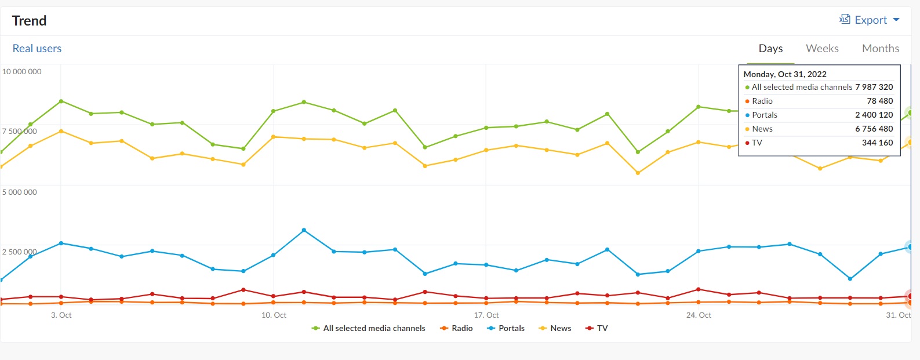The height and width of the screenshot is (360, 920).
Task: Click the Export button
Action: click(870, 20)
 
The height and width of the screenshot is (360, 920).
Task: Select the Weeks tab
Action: click(822, 49)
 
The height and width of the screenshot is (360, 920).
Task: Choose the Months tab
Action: click(880, 49)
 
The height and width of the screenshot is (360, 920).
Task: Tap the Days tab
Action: click(770, 49)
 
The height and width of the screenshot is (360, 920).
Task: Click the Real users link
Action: click(37, 49)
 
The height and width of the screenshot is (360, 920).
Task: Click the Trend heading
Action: click(29, 21)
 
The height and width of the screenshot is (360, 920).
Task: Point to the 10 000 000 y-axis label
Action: click(22, 72)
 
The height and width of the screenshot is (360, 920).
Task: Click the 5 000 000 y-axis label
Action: click(20, 192)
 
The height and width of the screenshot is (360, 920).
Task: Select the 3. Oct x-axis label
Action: click(61, 315)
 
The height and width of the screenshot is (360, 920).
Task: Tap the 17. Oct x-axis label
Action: click(486, 315)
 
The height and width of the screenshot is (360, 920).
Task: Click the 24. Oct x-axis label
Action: click(699, 315)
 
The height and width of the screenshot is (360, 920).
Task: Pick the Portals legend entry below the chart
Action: click(506, 328)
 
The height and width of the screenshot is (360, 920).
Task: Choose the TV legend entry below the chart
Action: click(597, 328)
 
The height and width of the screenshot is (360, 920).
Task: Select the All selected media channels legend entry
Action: click(369, 328)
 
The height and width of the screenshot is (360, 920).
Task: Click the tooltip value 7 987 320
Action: click(874, 87)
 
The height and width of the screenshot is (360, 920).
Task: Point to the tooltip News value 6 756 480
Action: click(874, 129)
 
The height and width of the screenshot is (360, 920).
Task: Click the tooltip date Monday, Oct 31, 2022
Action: click(785, 74)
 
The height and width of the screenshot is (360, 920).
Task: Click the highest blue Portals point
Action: click(304, 230)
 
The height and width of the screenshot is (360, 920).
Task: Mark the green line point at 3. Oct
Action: click(61, 101)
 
